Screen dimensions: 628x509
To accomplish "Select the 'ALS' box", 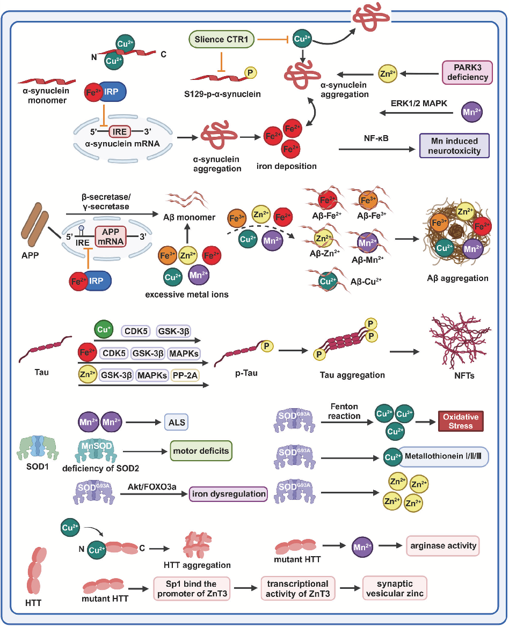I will pyautogui.click(x=176, y=422).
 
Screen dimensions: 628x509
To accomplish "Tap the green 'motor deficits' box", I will pyautogui.click(x=201, y=451).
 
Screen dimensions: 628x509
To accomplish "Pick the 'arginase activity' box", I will pyautogui.click(x=442, y=546).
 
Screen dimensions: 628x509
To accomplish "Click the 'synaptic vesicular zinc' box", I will pyautogui.click(x=395, y=587).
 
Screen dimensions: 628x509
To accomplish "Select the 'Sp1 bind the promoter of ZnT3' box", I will pyautogui.click(x=191, y=587).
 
